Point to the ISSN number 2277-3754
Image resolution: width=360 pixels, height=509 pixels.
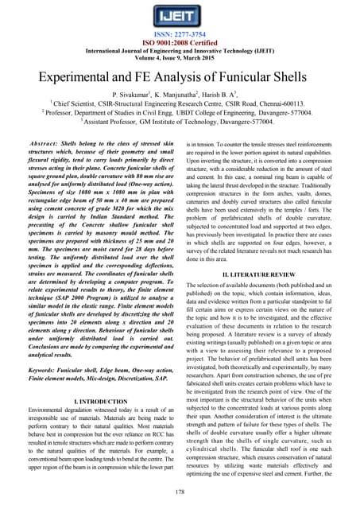tap(180, 34)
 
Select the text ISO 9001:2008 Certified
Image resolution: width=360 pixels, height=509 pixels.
tap(180, 43)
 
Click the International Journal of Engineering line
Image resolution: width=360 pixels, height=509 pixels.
tap(180, 51)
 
